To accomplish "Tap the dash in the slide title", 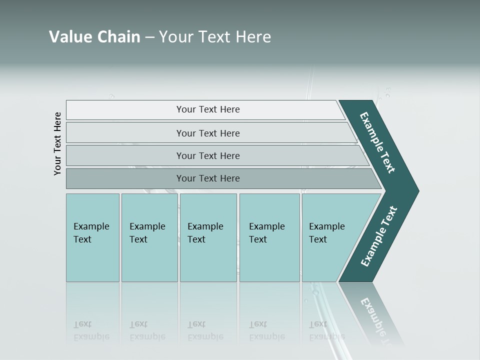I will click(149, 37).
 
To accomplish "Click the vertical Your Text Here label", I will click(57, 143).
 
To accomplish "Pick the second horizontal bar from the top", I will click(207, 133).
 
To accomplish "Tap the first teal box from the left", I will click(92, 237).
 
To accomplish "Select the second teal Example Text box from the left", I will click(149, 237).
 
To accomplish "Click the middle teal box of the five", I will click(208, 237).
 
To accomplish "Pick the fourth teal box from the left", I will click(269, 237).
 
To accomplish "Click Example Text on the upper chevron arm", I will click(377, 142).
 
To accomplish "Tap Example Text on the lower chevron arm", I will click(379, 236).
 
